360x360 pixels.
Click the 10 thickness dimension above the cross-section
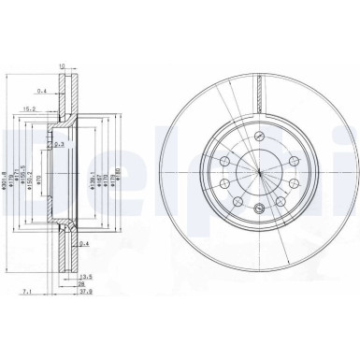62,66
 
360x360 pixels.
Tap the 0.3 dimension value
59,144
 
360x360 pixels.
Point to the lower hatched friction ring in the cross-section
66,252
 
